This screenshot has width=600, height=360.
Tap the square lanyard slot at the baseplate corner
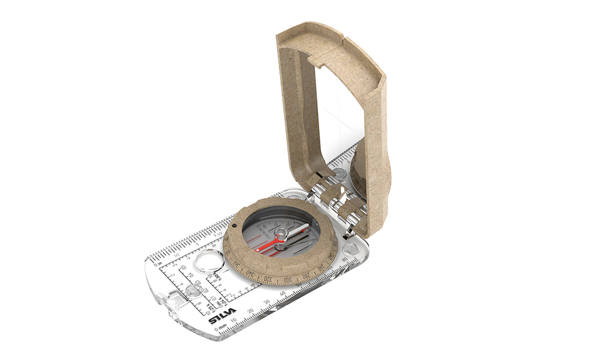pyautogui.click(x=173, y=298)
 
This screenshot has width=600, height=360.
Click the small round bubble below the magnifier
pyautogui.click(x=193, y=290)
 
